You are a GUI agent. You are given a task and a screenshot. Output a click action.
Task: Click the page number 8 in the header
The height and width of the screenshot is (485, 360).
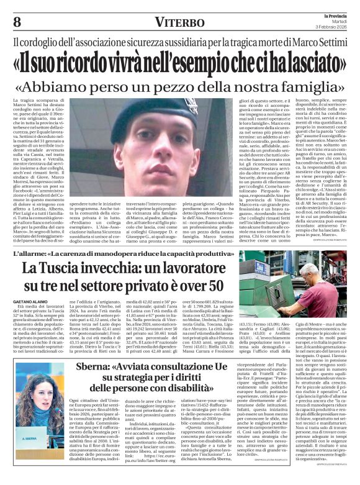[x=17, y=22]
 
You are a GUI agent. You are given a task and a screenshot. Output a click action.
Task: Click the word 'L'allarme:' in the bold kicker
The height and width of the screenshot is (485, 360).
[x=30, y=253]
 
